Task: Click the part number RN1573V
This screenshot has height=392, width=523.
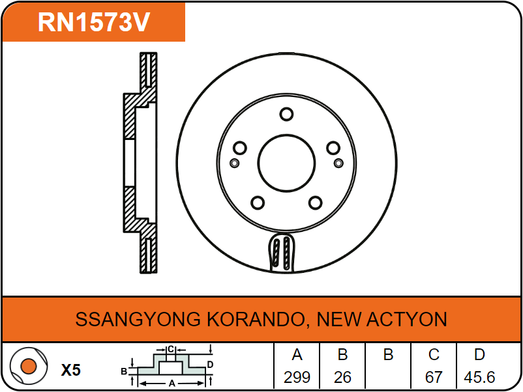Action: click(94, 22)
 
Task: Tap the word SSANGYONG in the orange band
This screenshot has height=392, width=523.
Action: click(138, 319)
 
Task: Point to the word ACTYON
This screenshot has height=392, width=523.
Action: click(406, 319)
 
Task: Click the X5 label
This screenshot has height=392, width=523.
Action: click(70, 370)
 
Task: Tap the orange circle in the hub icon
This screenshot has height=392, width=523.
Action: click(29, 366)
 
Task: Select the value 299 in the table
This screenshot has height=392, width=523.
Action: click(297, 377)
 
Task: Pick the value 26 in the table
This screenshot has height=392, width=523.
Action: click(342, 377)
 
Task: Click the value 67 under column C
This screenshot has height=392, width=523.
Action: click(434, 377)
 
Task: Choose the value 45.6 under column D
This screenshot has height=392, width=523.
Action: click(479, 377)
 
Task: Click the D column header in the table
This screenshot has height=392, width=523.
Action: click(479, 355)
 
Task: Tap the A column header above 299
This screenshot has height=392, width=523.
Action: click(297, 355)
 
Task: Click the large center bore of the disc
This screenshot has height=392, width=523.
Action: click(286, 163)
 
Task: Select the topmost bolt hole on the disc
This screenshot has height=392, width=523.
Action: click(286, 114)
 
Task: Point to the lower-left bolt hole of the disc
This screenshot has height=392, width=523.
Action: click(258, 203)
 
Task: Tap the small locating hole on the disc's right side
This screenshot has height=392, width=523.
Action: click(338, 163)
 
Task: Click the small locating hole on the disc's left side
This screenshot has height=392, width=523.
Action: click(235, 163)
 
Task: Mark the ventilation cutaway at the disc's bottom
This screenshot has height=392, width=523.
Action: click(282, 253)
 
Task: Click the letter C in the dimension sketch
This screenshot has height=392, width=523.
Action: click(171, 350)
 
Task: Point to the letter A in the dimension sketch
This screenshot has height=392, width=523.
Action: click(172, 384)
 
